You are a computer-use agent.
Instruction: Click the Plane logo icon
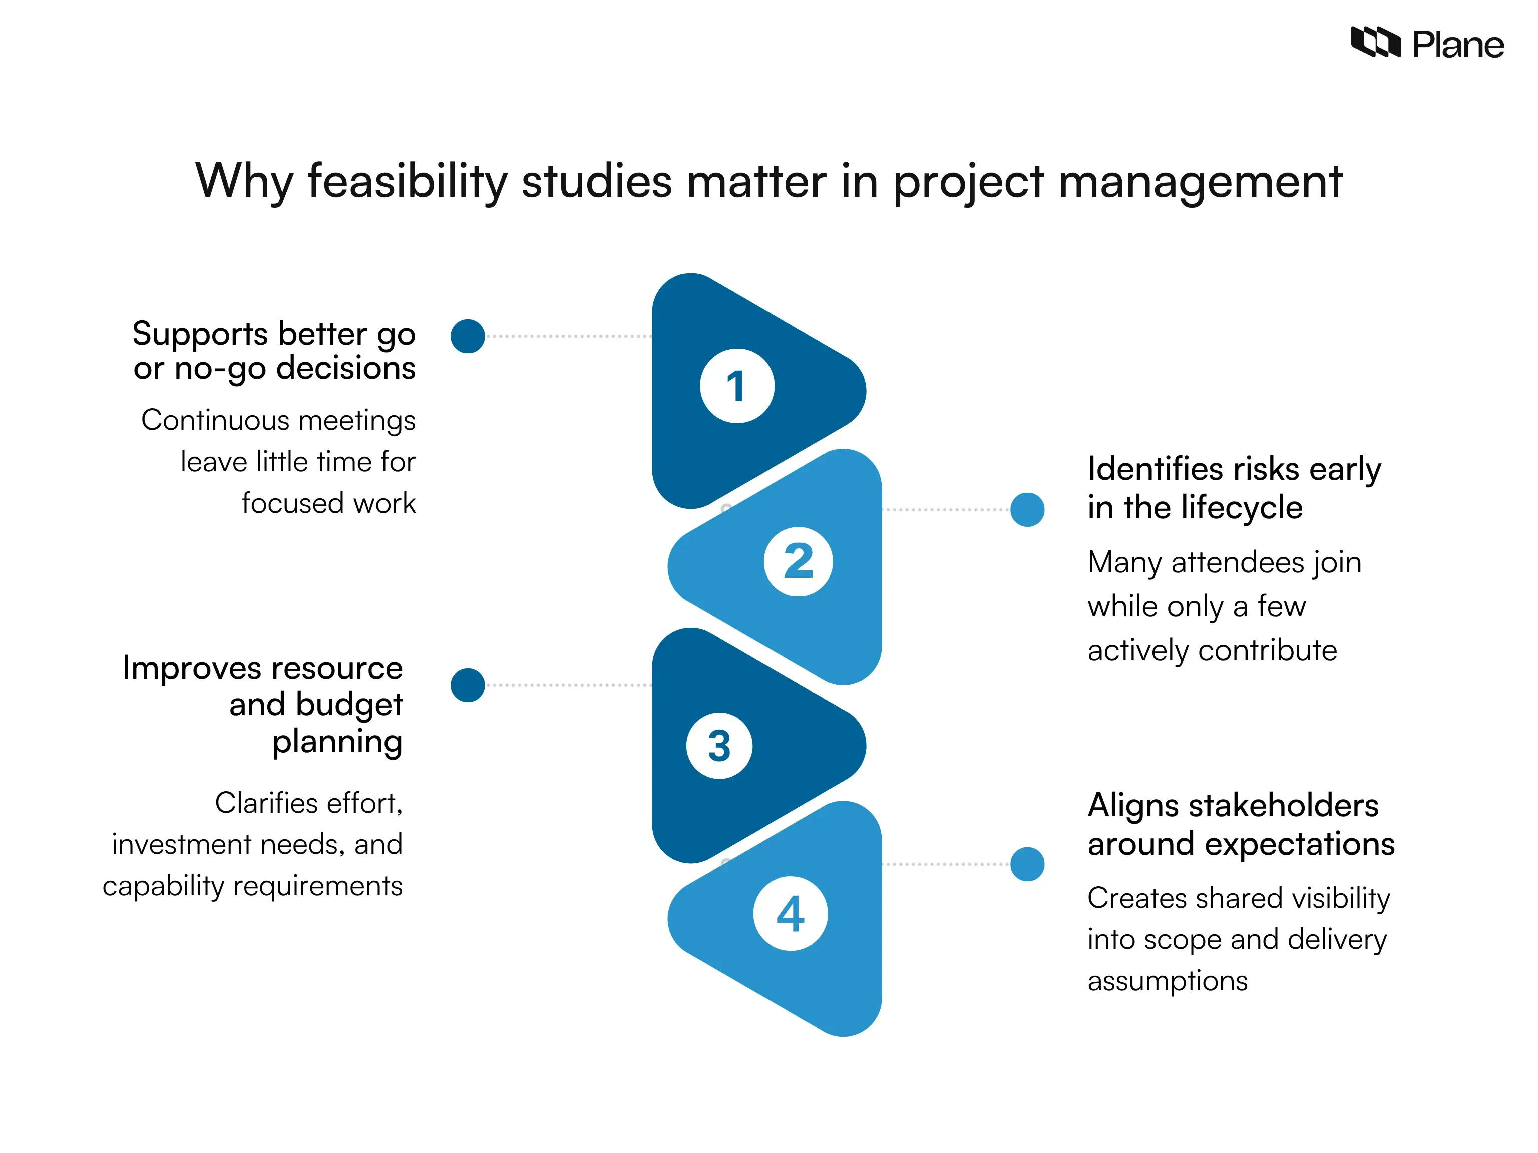tap(1375, 43)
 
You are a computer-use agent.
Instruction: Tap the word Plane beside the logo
tap(1458, 45)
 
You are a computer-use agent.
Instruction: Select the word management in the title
tap(1200, 183)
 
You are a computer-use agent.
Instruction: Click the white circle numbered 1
tap(736, 386)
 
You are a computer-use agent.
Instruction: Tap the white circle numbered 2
tap(798, 561)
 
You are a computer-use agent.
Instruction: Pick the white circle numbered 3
tap(719, 746)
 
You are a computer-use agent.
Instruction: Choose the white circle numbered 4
tap(791, 913)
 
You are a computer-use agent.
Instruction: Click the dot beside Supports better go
tap(467, 336)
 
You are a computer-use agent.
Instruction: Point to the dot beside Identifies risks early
tap(1027, 510)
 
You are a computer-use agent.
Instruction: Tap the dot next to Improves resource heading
tap(467, 685)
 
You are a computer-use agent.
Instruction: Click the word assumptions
tap(1168, 981)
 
